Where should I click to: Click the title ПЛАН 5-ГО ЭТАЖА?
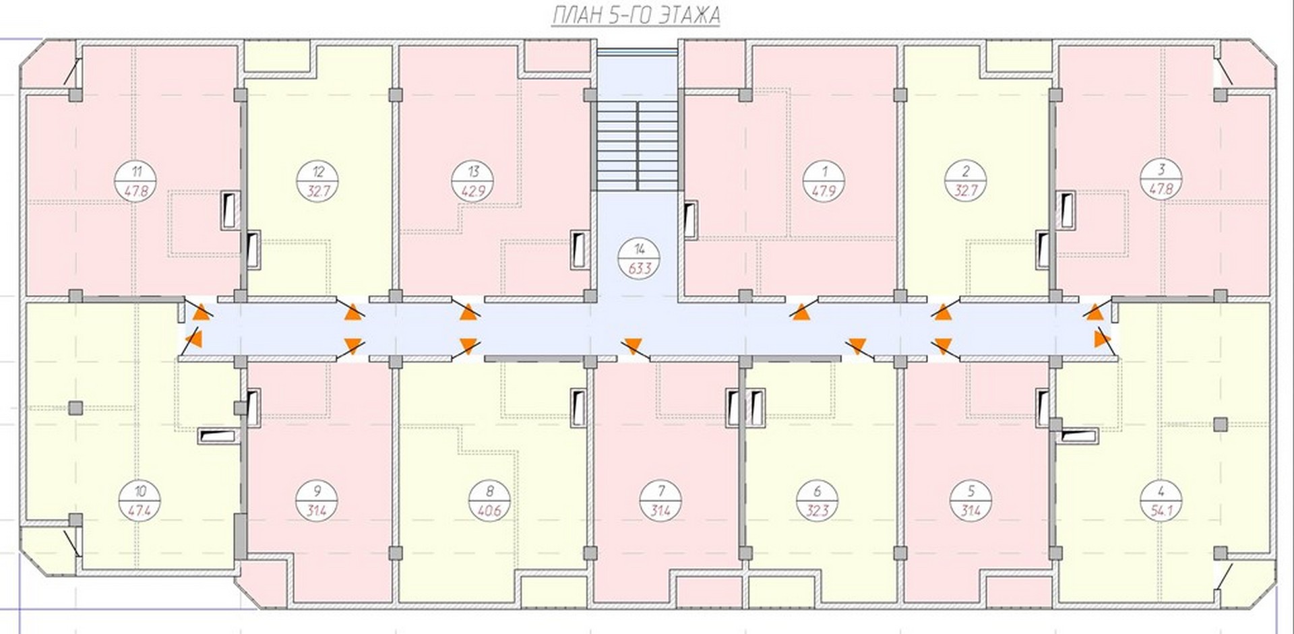[636, 15]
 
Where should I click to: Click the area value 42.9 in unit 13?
[473, 191]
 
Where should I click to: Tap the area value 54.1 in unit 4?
[1161, 511]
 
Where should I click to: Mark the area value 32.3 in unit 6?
[818, 511]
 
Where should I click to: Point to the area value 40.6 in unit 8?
[489, 511]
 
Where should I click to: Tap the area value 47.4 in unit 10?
[139, 511]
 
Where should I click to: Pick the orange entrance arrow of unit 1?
[801, 312]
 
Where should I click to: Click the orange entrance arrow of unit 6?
[857, 344]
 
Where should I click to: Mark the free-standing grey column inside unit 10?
[76, 408]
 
